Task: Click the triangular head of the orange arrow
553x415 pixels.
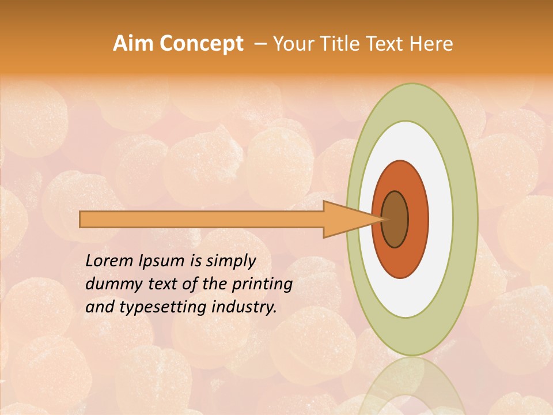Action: click(346, 220)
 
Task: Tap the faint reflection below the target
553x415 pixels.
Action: click(412, 386)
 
